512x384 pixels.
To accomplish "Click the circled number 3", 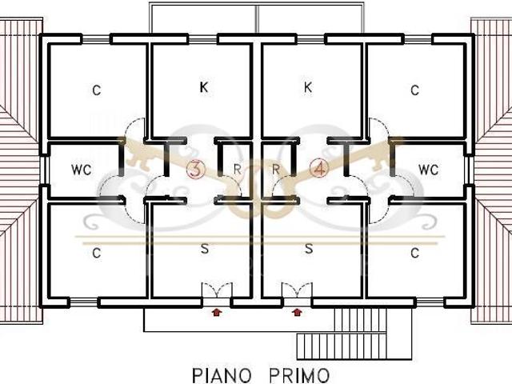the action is click(x=195, y=169).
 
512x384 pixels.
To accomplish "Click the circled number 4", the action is click(x=319, y=169).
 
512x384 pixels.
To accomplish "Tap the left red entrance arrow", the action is click(x=217, y=313).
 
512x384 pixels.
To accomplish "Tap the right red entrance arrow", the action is click(x=297, y=313).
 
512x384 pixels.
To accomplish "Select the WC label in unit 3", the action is click(x=81, y=170).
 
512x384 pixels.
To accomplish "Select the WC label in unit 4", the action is click(x=428, y=170).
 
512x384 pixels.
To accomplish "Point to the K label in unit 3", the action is click(x=204, y=87).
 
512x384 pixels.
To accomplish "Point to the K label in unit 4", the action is click(x=307, y=87).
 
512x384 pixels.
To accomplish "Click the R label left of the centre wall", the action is click(x=238, y=169).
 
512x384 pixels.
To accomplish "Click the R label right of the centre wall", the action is click(x=276, y=169).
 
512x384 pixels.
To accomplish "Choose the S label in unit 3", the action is click(x=205, y=249).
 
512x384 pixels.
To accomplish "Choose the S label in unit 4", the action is click(x=309, y=249).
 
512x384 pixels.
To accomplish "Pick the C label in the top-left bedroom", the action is click(x=96, y=90).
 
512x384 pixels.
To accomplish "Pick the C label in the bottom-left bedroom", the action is click(x=96, y=253).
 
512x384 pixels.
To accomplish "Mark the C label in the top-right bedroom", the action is click(x=414, y=90).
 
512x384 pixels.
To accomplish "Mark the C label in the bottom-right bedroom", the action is click(x=414, y=253).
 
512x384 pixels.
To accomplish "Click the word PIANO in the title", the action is click(x=222, y=375).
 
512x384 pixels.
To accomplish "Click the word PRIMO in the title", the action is click(x=299, y=375).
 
